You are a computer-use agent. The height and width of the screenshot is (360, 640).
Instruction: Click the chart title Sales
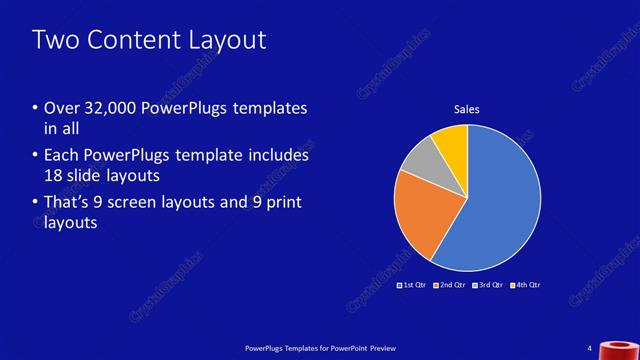pos(467,109)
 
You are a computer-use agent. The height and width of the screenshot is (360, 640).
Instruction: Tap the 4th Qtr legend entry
pos(527,285)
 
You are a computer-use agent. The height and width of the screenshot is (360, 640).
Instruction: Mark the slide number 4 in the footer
pos(590,347)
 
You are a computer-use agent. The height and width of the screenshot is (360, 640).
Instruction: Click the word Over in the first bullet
pos(62,108)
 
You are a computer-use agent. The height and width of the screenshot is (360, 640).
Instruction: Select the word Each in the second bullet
pos(61,156)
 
